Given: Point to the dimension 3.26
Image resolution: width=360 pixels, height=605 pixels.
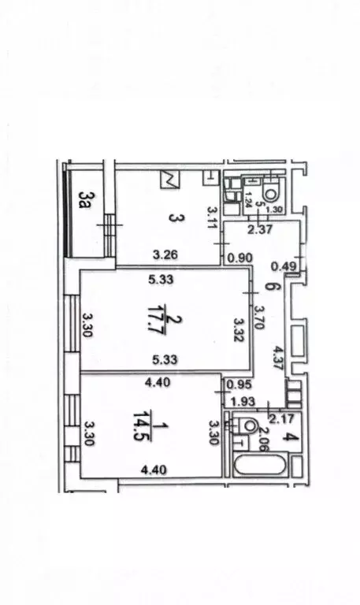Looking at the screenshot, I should click(165, 256).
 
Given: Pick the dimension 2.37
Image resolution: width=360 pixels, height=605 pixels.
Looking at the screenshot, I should click(260, 230).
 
